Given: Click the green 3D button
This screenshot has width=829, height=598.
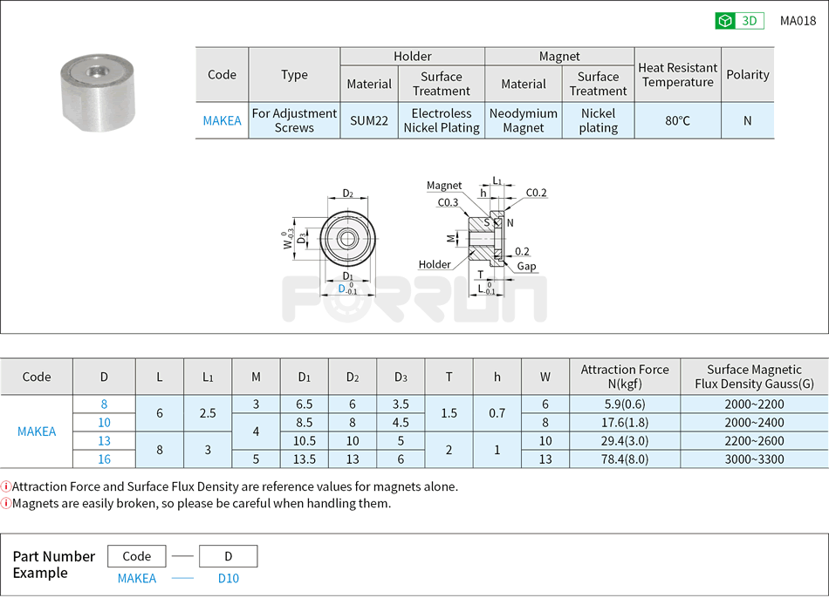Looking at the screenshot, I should [739, 21].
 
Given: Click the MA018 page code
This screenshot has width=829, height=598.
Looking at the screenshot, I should [798, 21].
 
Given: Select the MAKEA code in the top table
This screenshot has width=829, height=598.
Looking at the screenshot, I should [222, 120].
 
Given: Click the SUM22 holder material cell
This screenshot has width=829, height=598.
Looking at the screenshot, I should [369, 120].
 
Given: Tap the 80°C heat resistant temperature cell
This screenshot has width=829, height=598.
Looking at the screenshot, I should [677, 120].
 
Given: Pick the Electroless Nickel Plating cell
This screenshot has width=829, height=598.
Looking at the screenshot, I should [441, 120].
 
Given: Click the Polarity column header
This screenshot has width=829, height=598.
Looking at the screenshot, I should [747, 75].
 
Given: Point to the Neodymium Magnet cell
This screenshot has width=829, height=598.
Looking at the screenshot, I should [524, 120].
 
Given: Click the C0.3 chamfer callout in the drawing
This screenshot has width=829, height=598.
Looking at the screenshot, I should [448, 202].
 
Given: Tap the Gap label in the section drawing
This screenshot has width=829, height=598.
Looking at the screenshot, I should [526, 266].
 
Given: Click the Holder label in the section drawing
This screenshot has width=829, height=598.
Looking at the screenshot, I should [435, 264].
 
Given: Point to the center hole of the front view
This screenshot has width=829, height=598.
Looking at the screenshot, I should [347, 239].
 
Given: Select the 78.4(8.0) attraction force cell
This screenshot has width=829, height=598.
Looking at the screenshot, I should [625, 459].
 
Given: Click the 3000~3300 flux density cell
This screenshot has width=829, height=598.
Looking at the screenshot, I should [754, 459].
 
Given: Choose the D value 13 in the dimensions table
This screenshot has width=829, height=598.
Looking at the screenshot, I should [104, 440].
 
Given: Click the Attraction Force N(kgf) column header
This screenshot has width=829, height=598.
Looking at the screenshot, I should [625, 377].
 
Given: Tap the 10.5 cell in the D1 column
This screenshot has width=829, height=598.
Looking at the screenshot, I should [304, 440].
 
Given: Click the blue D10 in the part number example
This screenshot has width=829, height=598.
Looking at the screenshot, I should [228, 578].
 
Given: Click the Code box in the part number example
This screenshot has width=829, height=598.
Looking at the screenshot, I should [137, 556].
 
